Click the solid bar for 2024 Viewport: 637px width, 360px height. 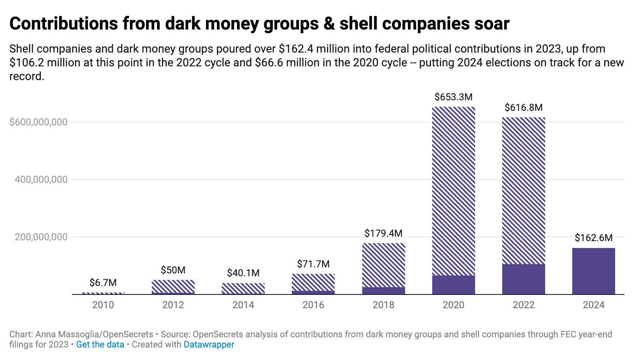pyautogui.click(x=593, y=271)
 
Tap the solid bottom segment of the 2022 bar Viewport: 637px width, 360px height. pyautogui.click(x=523, y=279)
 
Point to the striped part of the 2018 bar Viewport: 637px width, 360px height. pyautogui.click(x=383, y=265)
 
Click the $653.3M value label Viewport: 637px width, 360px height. pyautogui.click(x=453, y=97)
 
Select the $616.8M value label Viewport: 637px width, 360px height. pyautogui.click(x=523, y=108)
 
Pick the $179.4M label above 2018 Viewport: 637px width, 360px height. pyautogui.click(x=383, y=233)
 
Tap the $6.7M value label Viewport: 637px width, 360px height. pyautogui.click(x=103, y=282)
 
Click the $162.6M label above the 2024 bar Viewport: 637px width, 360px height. pyautogui.click(x=593, y=238)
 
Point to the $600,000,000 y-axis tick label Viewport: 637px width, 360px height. pyautogui.click(x=38, y=122)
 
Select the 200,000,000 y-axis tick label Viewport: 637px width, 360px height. pyautogui.click(x=41, y=237)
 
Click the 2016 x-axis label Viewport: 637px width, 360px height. pyautogui.click(x=313, y=305)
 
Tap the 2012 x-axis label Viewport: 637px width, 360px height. pyautogui.click(x=173, y=305)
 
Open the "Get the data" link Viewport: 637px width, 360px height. pyautogui.click(x=100, y=345)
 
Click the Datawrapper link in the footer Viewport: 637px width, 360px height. pyautogui.click(x=209, y=345)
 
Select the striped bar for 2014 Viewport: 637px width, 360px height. pyautogui.click(x=243, y=288)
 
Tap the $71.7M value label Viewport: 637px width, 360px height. pyautogui.click(x=313, y=264)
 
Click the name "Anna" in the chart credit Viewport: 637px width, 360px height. pyautogui.click(x=46, y=335)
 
